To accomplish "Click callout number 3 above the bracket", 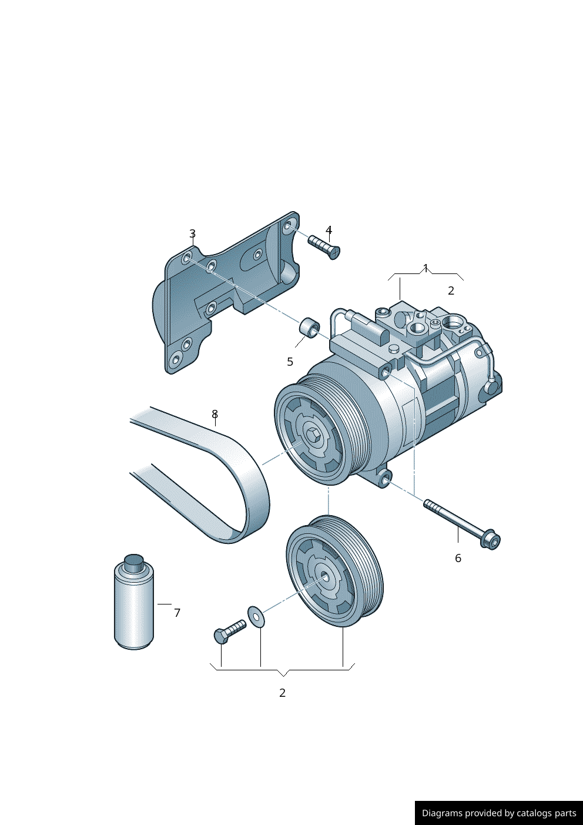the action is (193, 233).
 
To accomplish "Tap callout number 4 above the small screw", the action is (329, 230).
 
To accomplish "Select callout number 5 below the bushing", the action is (290, 362).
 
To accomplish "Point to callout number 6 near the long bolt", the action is (458, 559).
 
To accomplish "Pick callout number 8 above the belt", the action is (215, 415).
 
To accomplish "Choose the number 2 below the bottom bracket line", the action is (282, 693).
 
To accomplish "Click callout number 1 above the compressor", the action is (426, 268).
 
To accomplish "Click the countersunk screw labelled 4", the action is (324, 248).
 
